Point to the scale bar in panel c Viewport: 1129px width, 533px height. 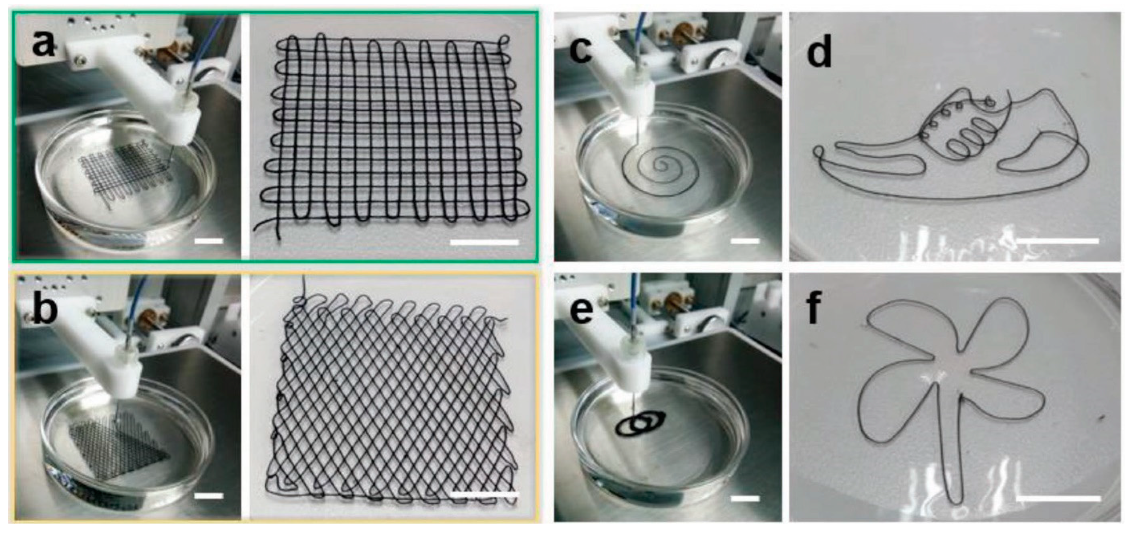745,241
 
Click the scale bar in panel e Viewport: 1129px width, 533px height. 745,498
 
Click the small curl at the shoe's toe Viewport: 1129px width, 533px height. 817,152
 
